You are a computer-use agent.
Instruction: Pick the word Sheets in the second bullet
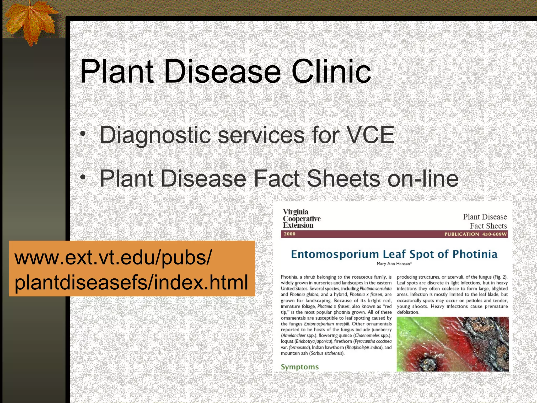[343, 178]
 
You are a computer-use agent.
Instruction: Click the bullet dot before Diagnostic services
[83, 134]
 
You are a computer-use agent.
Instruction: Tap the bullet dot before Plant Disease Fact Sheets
[83, 178]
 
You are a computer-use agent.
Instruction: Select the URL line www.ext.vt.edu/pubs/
[113, 258]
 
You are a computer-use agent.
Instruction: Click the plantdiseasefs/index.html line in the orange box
[131, 282]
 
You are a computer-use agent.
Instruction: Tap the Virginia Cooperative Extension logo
[302, 219]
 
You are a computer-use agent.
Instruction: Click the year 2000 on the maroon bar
[289, 234]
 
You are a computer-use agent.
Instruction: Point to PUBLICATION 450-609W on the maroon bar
[475, 234]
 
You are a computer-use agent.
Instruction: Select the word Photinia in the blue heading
[475, 254]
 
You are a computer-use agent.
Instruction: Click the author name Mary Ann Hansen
[394, 264]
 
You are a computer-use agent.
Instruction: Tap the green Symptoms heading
[300, 367]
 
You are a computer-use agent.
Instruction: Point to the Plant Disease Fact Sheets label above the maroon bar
[485, 221]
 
